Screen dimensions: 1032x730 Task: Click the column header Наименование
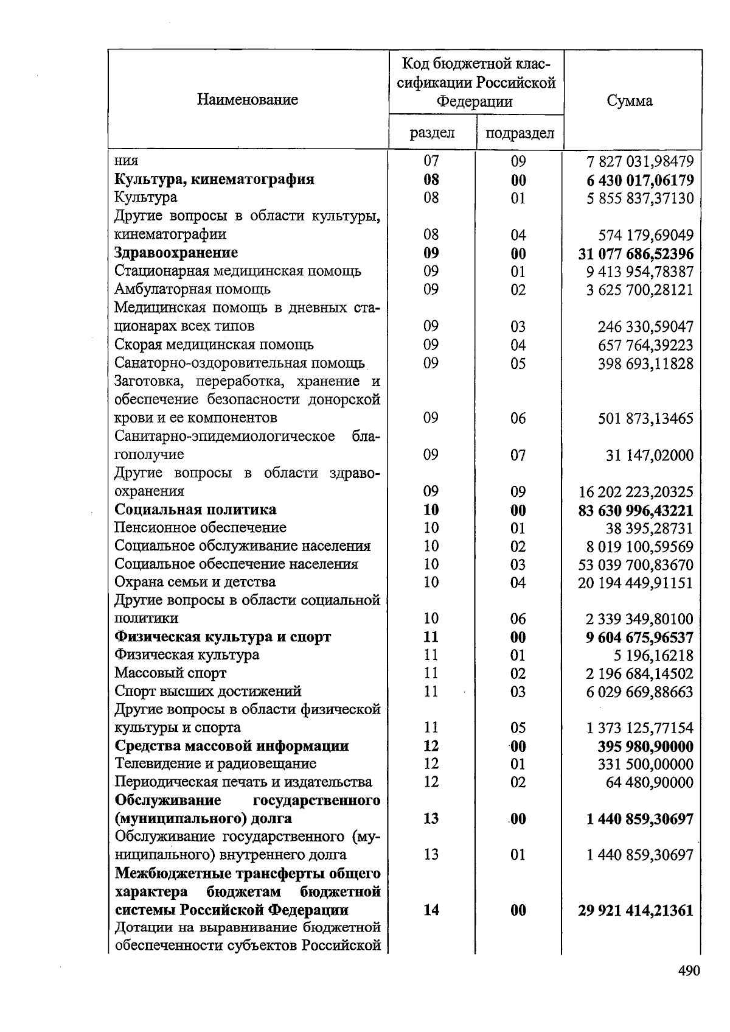coord(248,99)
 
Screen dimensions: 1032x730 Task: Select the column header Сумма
coord(630,101)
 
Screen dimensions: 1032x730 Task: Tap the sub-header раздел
coord(432,133)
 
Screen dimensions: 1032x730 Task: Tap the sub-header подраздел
coord(520,133)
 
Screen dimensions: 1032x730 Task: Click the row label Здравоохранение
coord(176,253)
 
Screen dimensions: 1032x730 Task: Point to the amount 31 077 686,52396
coord(636,253)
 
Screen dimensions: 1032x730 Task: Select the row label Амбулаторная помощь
coord(192,289)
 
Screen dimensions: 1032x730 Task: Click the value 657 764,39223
coord(645,345)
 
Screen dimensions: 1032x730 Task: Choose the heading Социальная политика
coord(195,510)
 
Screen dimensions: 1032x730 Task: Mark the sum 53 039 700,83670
coord(636,564)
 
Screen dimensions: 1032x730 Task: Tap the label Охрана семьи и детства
coord(195,582)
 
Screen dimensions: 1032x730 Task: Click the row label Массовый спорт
coord(170,673)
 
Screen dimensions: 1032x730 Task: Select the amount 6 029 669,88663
coord(640,692)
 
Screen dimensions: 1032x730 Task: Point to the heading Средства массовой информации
coord(231,746)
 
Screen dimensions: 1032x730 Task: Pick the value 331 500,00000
coord(645,764)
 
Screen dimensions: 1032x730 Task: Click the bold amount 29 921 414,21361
coord(636,910)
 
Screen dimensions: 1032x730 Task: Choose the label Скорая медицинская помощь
coord(214,345)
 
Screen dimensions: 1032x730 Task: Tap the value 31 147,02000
coord(649,455)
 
